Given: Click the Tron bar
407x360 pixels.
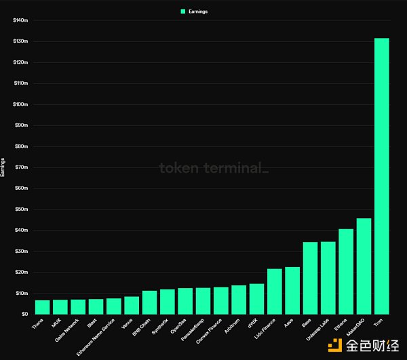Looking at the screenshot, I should [382, 176].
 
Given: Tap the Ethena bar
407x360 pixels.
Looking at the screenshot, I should [346, 271].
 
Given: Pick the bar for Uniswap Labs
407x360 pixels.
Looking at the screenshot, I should [328, 278].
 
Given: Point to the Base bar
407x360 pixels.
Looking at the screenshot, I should [310, 278].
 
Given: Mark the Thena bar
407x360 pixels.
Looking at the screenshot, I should [42, 307].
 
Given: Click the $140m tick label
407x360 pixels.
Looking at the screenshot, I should [20, 20].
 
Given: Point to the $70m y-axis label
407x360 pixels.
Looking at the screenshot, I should [20, 167].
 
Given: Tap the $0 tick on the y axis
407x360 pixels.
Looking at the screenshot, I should [24, 314].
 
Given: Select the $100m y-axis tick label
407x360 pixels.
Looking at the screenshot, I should [20, 104].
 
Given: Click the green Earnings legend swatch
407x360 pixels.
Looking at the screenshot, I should [183, 11].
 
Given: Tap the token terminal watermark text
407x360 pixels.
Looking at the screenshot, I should [213, 168].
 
